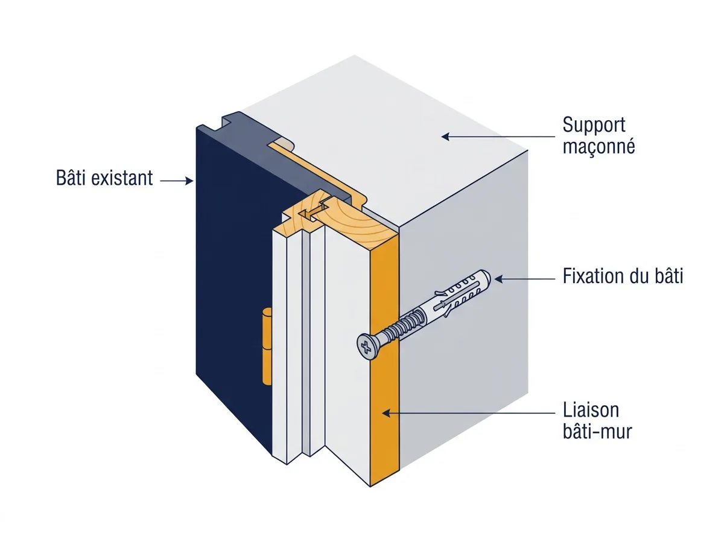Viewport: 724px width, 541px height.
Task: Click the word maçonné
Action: tap(599, 146)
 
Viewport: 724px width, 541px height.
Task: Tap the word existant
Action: tap(122, 178)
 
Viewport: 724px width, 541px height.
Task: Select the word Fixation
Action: tap(589, 276)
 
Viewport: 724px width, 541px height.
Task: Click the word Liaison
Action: tap(591, 411)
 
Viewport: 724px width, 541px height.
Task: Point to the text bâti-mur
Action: tap(597, 432)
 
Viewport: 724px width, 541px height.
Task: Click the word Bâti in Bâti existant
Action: tap(71, 178)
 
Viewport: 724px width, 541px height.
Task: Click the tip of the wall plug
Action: tap(487, 276)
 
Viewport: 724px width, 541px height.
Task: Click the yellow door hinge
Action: tap(267, 346)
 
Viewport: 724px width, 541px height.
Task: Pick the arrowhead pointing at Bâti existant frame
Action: tap(189, 181)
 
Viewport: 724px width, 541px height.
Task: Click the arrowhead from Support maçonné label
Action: tap(446, 136)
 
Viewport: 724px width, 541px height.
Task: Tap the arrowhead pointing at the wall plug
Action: tap(498, 279)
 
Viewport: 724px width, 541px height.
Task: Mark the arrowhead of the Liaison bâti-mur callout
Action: tap(386, 413)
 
